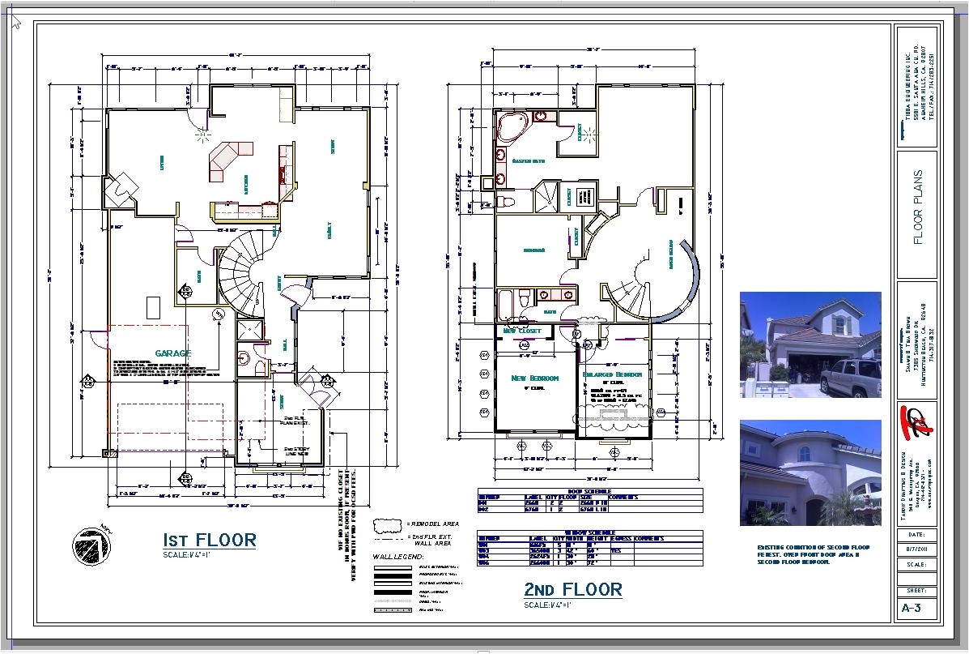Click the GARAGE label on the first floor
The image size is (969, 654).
pyautogui.click(x=173, y=353)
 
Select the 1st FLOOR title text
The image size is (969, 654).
pyautogui.click(x=210, y=540)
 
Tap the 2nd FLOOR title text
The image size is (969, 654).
pyautogui.click(x=573, y=589)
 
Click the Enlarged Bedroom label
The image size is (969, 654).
pyautogui.click(x=611, y=374)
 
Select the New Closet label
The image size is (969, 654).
pyautogui.click(x=522, y=331)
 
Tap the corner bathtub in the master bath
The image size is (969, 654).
pyautogui.click(x=512, y=127)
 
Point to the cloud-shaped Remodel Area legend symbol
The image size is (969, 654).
pyautogui.click(x=387, y=524)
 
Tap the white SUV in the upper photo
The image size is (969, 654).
pyautogui.click(x=850, y=376)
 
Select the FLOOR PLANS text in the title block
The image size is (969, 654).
pyautogui.click(x=917, y=207)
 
